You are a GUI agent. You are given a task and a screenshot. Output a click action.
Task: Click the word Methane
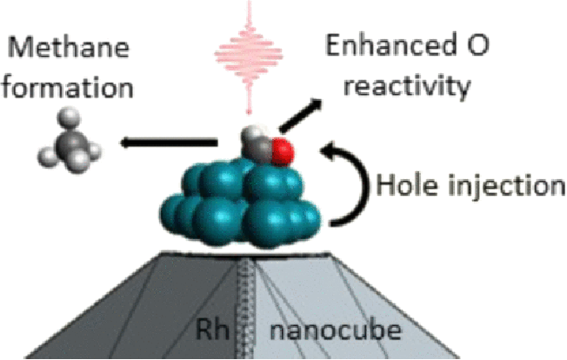tap(69, 47)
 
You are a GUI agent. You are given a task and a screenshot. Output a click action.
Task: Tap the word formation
tap(68, 87)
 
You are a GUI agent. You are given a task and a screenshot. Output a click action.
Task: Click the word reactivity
tap(407, 86)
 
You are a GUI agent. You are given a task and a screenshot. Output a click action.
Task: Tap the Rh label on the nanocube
tap(212, 330)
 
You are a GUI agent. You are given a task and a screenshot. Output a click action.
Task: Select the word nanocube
tap(336, 330)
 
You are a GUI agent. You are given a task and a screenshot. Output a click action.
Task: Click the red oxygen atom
tap(282, 151)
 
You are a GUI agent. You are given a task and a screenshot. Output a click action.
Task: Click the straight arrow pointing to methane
tap(169, 143)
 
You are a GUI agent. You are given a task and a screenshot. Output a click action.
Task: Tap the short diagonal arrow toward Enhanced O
tap(301, 116)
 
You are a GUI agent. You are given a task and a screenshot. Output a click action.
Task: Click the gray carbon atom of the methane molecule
tap(70, 144)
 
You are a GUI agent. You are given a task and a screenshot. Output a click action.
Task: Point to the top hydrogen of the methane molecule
tap(69, 118)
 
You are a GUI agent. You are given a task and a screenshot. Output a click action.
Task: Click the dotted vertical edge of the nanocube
tap(247, 306)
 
